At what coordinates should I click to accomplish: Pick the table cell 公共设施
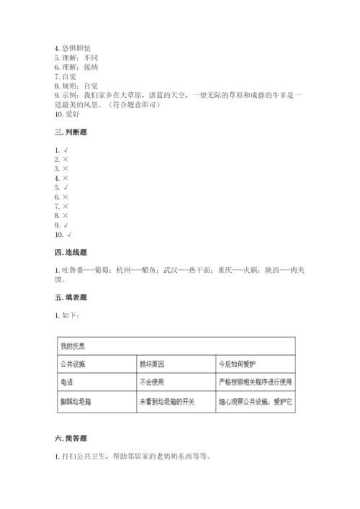(73, 364)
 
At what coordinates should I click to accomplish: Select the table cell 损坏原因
(153, 364)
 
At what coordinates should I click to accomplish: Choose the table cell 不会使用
(153, 383)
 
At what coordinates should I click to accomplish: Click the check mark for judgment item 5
(66, 187)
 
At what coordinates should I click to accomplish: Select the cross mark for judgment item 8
(66, 215)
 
